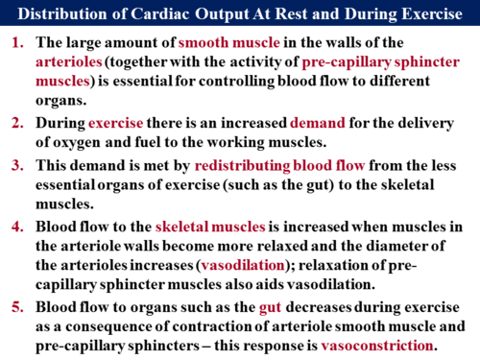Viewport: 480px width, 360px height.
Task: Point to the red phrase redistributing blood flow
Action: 264,166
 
